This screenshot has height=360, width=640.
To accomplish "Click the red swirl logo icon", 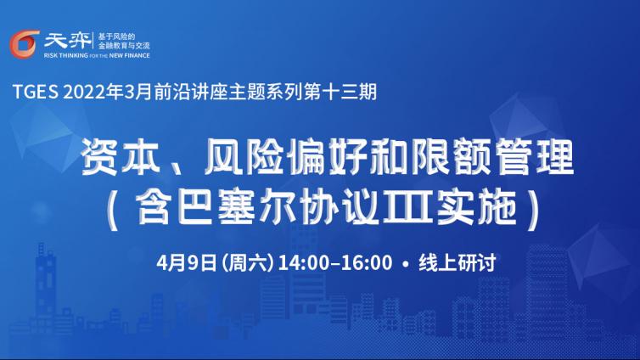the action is (x=25, y=44).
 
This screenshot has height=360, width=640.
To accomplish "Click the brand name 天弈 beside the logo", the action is (x=67, y=41).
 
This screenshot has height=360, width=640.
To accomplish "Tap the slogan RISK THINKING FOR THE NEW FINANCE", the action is (x=97, y=55).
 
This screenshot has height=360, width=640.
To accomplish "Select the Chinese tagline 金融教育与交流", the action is (x=124, y=46).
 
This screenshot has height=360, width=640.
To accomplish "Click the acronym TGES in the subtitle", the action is (x=36, y=92).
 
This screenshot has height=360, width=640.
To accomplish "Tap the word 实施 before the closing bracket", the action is (x=477, y=208).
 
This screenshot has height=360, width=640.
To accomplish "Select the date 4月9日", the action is (x=187, y=262).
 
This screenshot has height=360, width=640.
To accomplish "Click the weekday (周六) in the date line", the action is (x=247, y=262).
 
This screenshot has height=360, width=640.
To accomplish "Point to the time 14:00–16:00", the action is (x=334, y=262).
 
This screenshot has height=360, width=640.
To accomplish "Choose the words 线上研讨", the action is (x=458, y=262).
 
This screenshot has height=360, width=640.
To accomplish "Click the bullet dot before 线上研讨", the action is (x=405, y=264).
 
